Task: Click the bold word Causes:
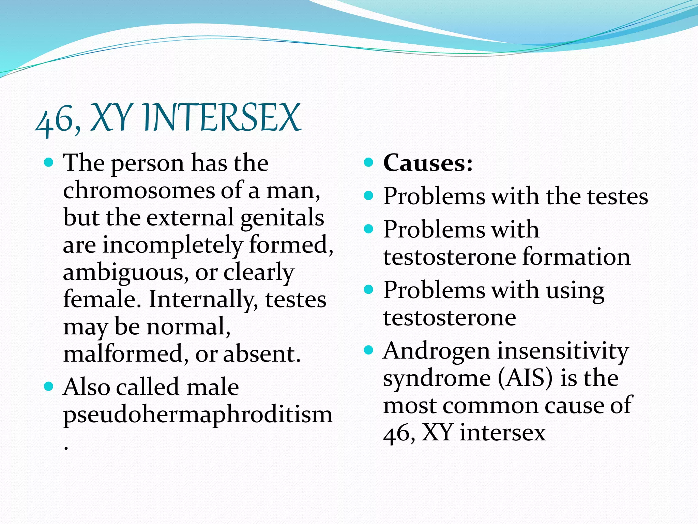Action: tap(428, 163)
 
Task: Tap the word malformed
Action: tap(123, 354)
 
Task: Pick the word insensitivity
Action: tap(562, 351)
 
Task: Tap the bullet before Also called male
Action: tap(49, 386)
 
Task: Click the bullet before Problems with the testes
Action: tap(369, 195)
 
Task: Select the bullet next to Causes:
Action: tap(369, 162)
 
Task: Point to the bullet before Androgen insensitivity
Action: tap(369, 350)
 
